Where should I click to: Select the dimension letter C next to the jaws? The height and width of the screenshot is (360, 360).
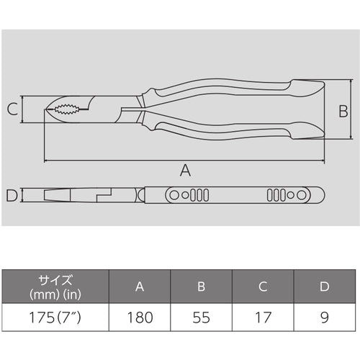tap(12, 110)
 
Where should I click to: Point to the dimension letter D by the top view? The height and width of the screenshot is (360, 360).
tap(12, 195)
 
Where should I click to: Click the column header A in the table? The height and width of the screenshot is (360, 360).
tap(139, 287)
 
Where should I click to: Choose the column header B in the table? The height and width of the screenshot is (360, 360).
tap(202, 287)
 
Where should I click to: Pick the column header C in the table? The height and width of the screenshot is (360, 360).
tap(264, 287)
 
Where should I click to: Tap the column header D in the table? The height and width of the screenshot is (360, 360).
tap(324, 287)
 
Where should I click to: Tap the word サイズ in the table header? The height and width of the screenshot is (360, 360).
tap(55, 280)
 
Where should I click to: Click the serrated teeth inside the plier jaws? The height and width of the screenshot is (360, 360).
tap(68, 110)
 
